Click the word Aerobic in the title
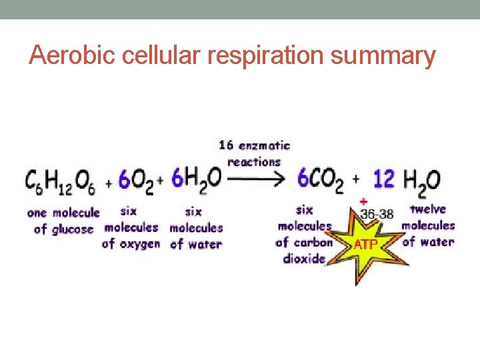[70, 56]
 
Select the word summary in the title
[384, 56]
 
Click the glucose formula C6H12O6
[61, 181]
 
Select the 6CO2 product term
[321, 179]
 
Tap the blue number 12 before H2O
[383, 178]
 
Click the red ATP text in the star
[365, 245]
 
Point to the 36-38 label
[377, 215]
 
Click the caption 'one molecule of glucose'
[63, 221]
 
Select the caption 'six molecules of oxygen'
[131, 227]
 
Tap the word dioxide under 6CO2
[304, 259]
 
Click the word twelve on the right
[427, 209]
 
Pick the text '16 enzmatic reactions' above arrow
[254, 153]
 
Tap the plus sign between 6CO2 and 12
[356, 179]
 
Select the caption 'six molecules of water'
[195, 227]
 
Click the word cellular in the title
[160, 56]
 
